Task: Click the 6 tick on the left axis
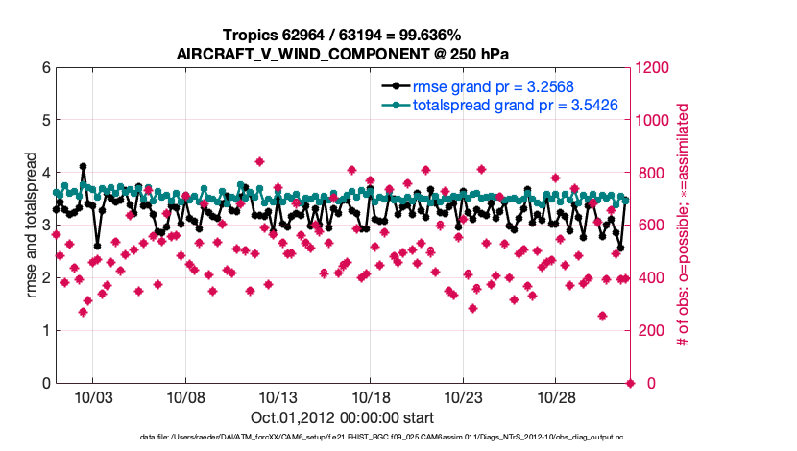pos(46,68)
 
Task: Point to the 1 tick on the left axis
pos(46,331)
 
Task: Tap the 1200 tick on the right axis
pos(654,68)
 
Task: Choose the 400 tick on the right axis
pos(650,278)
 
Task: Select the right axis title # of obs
pos(684,225)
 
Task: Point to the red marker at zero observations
pos(631,384)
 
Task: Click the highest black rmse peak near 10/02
pos(84,166)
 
